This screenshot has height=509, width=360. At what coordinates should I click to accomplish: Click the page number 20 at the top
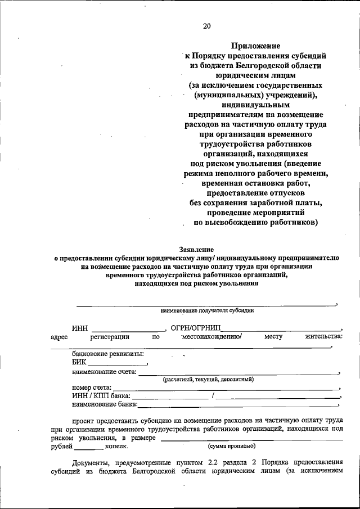[x=207, y=26]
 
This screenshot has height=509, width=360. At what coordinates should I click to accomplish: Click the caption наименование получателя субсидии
[x=208, y=310]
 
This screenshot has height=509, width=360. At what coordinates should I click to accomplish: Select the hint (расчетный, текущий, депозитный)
[x=209, y=379]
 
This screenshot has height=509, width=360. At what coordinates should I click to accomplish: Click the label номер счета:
[x=92, y=388]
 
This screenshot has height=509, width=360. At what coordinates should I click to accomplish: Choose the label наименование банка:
[x=105, y=404]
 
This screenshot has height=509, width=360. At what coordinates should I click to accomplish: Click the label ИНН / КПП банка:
[x=101, y=396]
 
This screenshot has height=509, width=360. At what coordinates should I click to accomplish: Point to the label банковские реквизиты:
[x=107, y=354]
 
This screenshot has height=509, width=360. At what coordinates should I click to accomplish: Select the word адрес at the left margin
[x=59, y=337]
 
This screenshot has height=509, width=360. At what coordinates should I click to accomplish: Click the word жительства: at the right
[x=323, y=337]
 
